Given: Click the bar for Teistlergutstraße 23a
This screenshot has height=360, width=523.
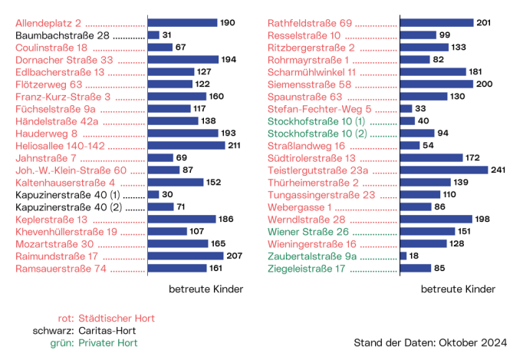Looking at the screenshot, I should (444, 170).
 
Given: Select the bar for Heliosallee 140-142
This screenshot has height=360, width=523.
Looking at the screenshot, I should (186, 145).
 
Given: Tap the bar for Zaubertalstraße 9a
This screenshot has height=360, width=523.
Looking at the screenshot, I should (403, 256).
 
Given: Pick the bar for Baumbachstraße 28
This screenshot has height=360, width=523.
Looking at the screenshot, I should (153, 35).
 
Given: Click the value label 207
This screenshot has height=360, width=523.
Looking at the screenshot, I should (234, 256).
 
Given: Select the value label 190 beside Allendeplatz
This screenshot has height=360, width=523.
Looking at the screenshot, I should (228, 23).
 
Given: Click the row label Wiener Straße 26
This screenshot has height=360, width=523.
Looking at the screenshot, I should (308, 232).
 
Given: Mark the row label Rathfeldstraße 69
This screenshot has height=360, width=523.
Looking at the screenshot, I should (310, 23).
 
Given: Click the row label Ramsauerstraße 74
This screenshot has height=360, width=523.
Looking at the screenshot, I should (58, 269).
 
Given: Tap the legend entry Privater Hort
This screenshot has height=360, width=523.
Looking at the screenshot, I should (107, 343).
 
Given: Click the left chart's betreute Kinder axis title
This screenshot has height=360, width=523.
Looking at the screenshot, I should (206, 289).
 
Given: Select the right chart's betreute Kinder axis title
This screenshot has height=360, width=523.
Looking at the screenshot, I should (459, 289).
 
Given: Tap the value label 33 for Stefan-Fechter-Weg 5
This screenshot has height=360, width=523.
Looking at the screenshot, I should (420, 109).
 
